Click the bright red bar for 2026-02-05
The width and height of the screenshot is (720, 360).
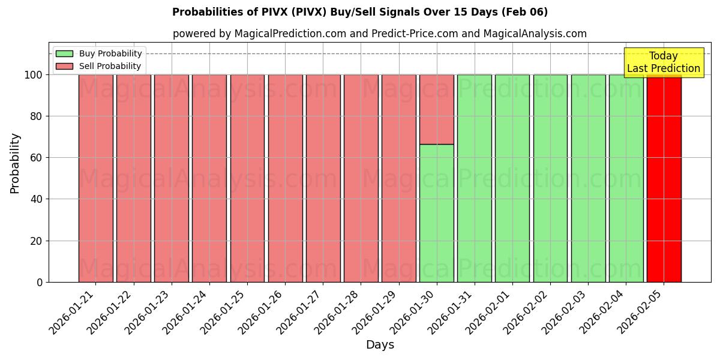[664, 178]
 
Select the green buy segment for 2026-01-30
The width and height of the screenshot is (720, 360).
[436, 213]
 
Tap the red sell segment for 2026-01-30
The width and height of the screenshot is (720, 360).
[436, 109]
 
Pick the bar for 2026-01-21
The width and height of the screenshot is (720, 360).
[95, 178]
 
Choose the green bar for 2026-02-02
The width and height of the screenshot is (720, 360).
[550, 178]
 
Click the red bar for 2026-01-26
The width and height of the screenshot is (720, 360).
[285, 178]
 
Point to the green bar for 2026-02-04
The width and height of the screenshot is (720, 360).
[626, 178]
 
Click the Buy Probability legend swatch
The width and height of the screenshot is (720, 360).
[64, 53]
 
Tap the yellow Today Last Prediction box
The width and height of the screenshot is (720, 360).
[663, 62]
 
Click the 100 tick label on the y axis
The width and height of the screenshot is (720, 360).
[34, 75]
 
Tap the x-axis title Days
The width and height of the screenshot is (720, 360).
[380, 345]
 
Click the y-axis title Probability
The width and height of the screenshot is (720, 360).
[15, 163]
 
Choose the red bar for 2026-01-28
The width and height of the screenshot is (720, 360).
[361, 178]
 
